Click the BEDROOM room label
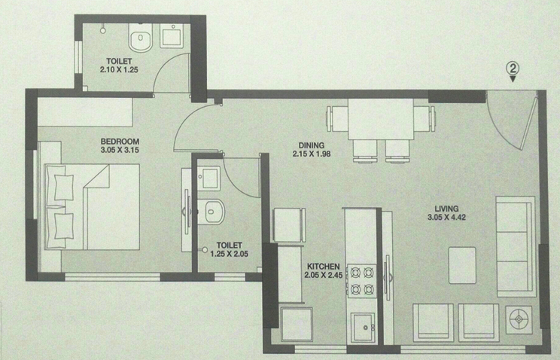pyautogui.click(x=120, y=141)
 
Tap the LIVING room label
pyautogui.click(x=446, y=209)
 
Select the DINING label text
pyautogui.click(x=312, y=145)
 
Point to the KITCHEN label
pyautogui.click(x=324, y=267)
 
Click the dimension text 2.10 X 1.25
pyautogui.click(x=119, y=70)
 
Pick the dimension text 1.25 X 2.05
pyautogui.click(x=230, y=254)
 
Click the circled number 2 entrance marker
pyautogui.click(x=513, y=69)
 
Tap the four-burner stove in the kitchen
pyautogui.click(x=361, y=281)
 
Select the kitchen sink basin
pyautogui.click(x=363, y=328)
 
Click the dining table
pyautogui.click(x=381, y=120)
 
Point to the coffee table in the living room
pyautogui.click(x=462, y=265)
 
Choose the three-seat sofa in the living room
pyautogui.click(x=516, y=246)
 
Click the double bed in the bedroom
pyautogui.click(x=92, y=206)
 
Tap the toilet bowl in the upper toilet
pyautogui.click(x=140, y=38)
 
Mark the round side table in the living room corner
pyautogui.click(x=519, y=319)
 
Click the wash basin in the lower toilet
pyautogui.click(x=209, y=178)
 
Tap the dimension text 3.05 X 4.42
pyautogui.click(x=446, y=218)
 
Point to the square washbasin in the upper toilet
pyautogui.click(x=172, y=36)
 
